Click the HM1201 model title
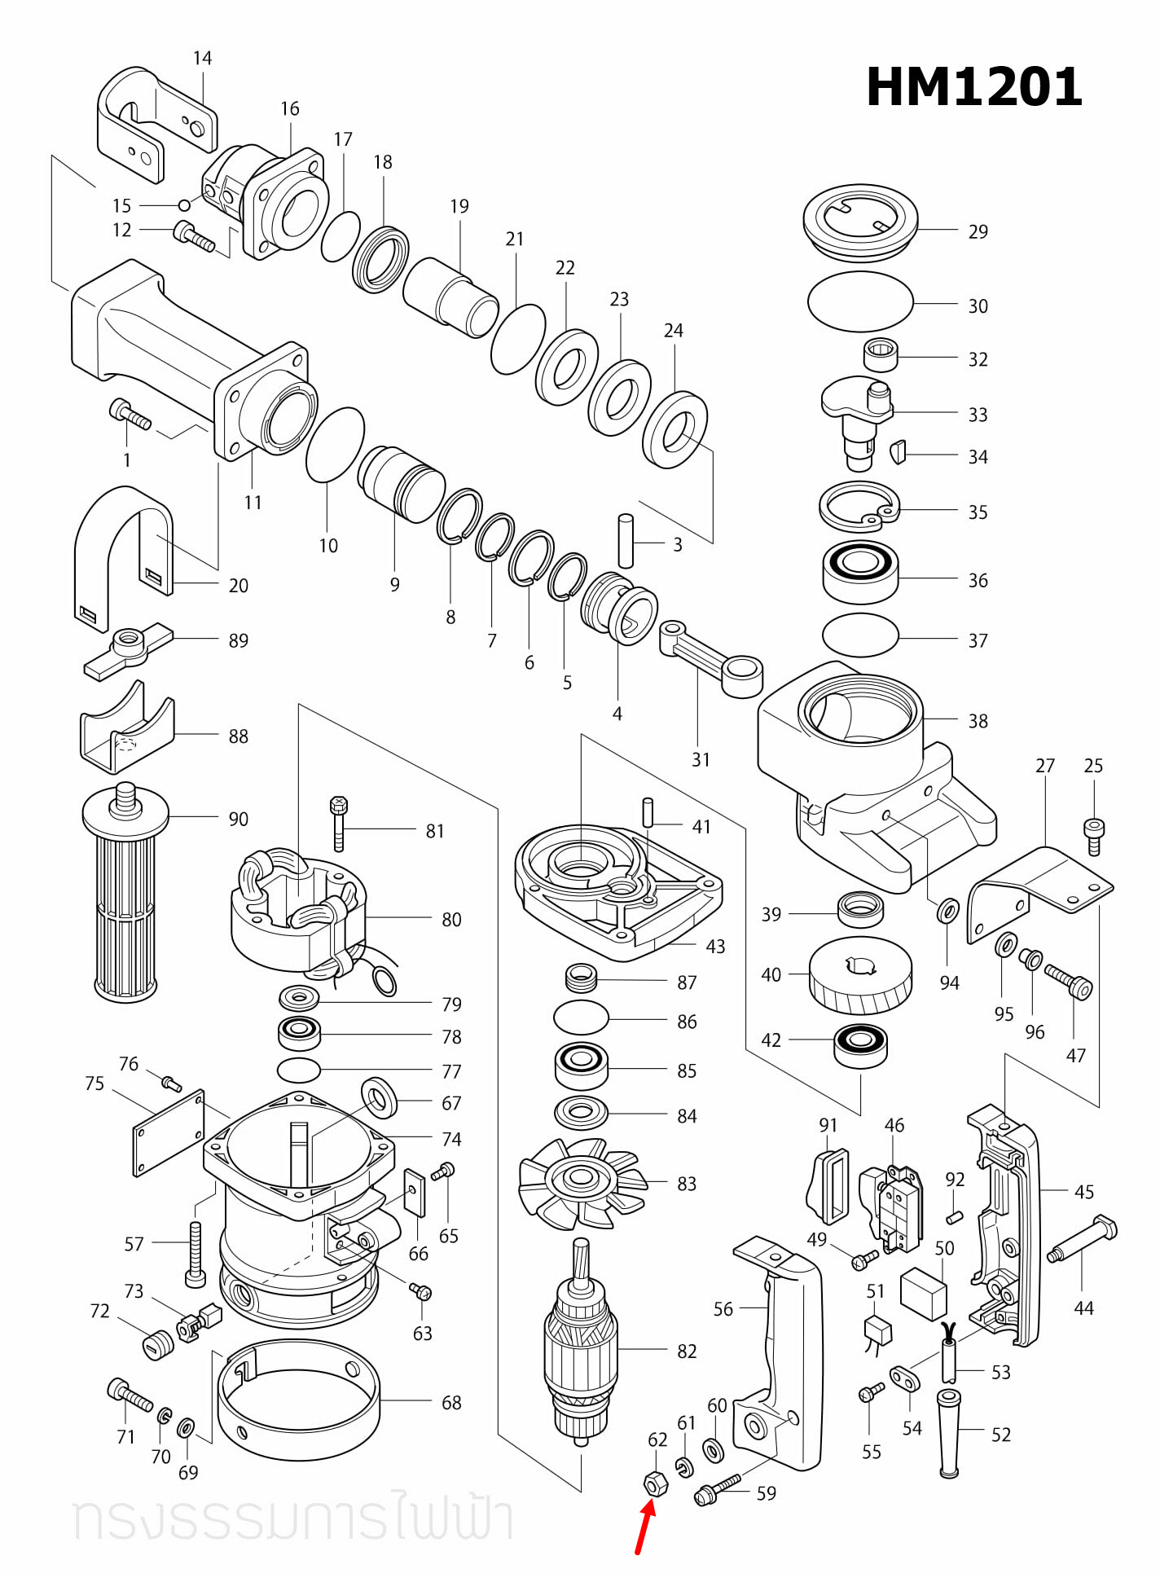(x=973, y=87)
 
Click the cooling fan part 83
(x=581, y=1182)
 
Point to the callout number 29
(x=978, y=232)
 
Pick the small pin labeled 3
(x=626, y=540)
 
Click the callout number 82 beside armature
(x=687, y=1352)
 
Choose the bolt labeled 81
(x=339, y=823)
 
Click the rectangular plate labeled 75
(x=169, y=1133)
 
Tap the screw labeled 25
(x=1093, y=836)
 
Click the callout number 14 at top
(x=202, y=59)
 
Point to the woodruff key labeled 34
(x=898, y=451)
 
